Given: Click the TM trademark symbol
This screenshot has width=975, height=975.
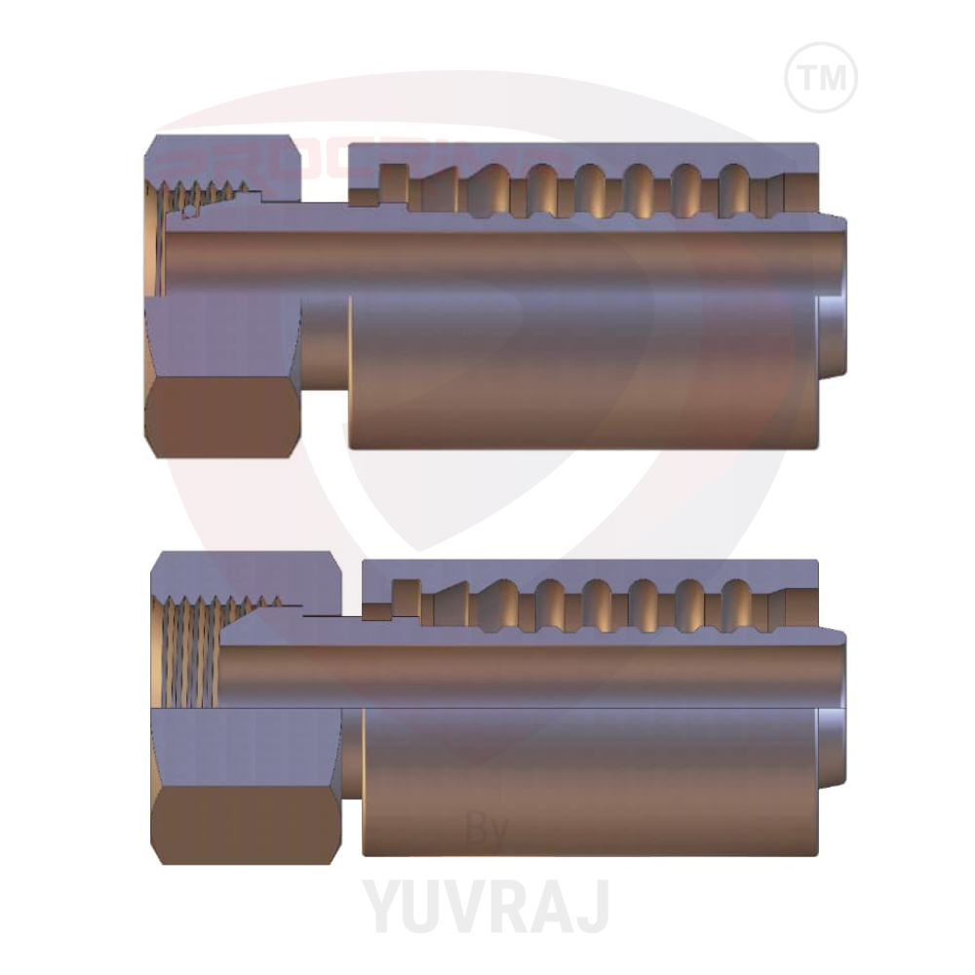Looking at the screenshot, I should [821, 77].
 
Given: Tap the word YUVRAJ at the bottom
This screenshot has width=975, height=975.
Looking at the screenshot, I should [487, 904].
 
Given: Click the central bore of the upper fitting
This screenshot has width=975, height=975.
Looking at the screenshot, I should [487, 255].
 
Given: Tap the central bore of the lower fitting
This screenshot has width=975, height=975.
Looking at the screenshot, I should [517, 674].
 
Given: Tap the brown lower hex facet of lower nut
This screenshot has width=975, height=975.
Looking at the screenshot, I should [244, 824].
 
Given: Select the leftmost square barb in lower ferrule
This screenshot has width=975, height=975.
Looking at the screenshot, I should [406, 593].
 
